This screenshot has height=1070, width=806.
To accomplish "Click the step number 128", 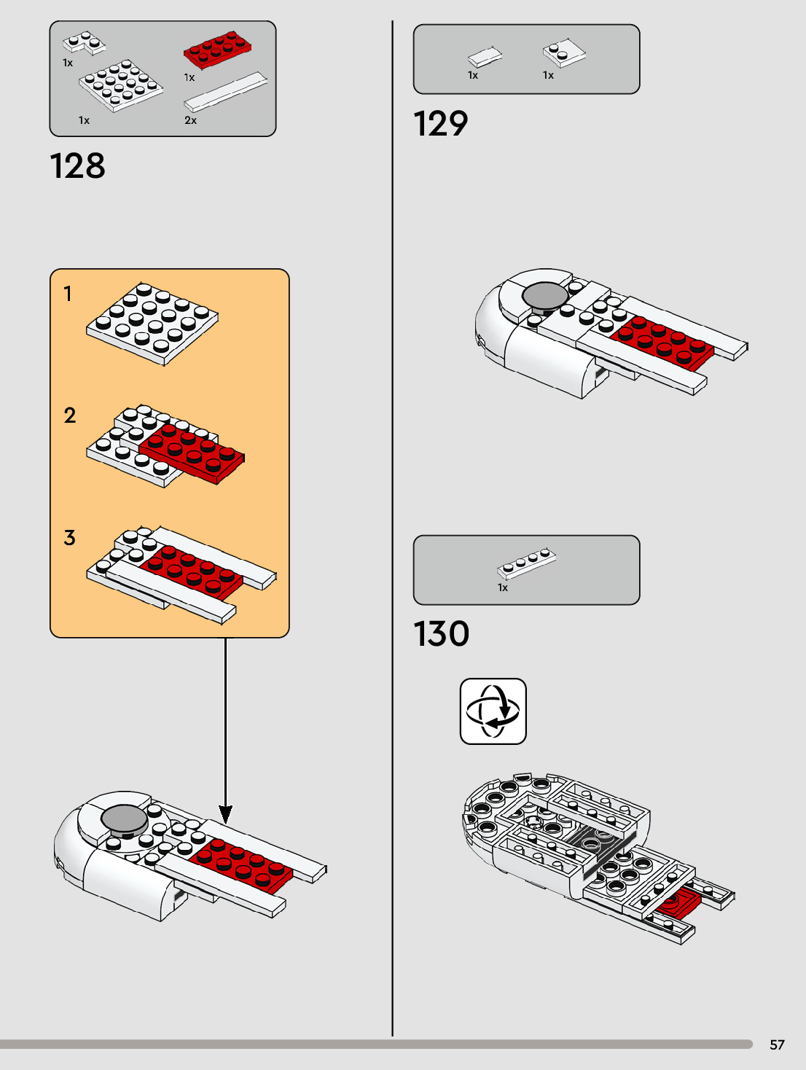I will click(77, 166).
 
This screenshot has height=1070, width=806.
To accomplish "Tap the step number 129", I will click(440, 124).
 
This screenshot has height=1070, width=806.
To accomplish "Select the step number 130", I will click(441, 634).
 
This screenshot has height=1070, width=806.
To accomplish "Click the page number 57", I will click(777, 1044).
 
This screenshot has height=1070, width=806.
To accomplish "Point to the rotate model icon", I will click(493, 711).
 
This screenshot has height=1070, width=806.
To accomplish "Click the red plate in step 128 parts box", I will click(216, 50).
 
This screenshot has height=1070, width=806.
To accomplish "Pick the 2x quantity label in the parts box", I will click(190, 120).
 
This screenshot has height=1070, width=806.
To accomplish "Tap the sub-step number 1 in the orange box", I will click(68, 294).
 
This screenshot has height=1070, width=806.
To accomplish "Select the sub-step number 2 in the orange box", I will click(69, 415).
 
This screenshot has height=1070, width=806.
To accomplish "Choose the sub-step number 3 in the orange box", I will click(69, 538).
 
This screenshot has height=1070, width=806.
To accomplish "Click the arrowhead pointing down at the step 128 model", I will click(226, 814).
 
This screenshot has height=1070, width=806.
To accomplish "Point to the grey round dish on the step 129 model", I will click(545, 295).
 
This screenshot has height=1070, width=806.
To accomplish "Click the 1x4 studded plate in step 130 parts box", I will click(526, 563).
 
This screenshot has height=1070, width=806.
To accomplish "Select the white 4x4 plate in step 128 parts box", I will click(120, 85).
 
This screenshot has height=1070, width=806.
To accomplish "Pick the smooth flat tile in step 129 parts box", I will click(484, 57).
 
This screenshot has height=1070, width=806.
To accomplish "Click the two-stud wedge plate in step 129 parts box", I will click(563, 53).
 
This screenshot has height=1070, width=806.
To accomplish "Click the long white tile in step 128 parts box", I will click(226, 91).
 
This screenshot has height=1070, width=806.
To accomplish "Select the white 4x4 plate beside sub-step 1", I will click(152, 323).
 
